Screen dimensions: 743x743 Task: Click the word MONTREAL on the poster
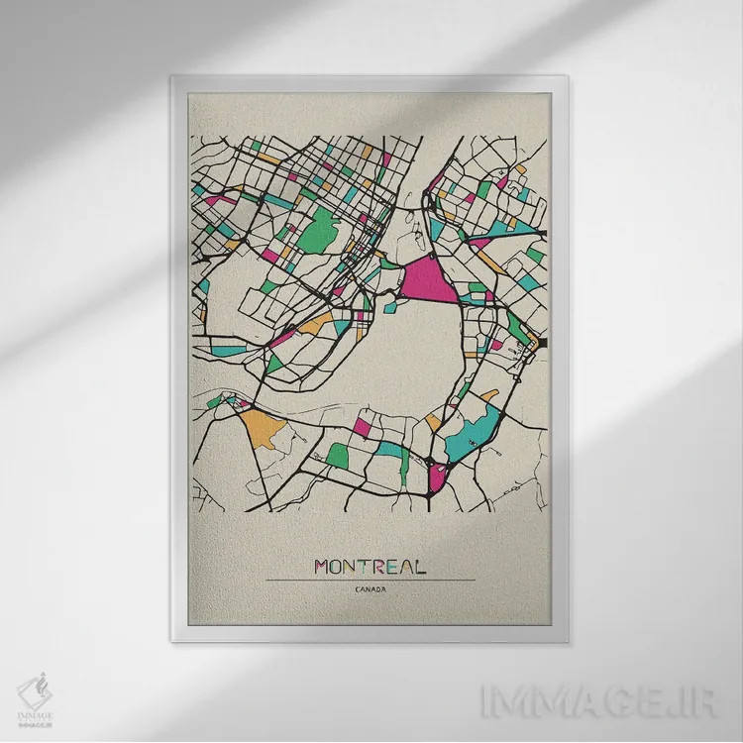pyautogui.click(x=370, y=567)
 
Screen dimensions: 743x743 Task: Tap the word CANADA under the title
pyautogui.click(x=370, y=591)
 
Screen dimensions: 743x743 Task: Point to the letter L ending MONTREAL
pyautogui.click(x=420, y=567)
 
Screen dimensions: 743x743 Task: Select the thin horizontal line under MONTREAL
pyautogui.click(x=370, y=581)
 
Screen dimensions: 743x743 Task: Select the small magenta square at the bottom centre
pyautogui.click(x=363, y=427)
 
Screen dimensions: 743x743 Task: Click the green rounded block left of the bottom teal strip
pyautogui.click(x=338, y=455)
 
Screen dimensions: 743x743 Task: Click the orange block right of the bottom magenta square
pyautogui.click(x=433, y=423)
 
